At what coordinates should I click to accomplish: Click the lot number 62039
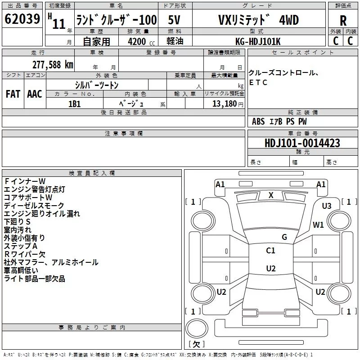(21, 19)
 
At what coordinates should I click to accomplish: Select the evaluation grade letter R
(343, 20)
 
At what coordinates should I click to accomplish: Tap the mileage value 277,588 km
(53, 64)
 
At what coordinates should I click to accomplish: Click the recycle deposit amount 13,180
(224, 103)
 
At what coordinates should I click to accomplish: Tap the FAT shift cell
(13, 94)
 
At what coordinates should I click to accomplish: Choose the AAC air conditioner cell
(34, 94)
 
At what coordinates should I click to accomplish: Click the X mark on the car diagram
(271, 195)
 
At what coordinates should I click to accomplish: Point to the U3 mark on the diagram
(327, 206)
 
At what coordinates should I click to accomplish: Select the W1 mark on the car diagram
(319, 225)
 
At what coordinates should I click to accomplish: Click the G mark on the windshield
(284, 237)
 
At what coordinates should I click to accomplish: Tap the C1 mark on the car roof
(270, 251)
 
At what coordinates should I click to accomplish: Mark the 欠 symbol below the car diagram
(196, 344)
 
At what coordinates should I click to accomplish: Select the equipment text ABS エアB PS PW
(279, 121)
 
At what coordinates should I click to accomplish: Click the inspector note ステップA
(21, 246)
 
